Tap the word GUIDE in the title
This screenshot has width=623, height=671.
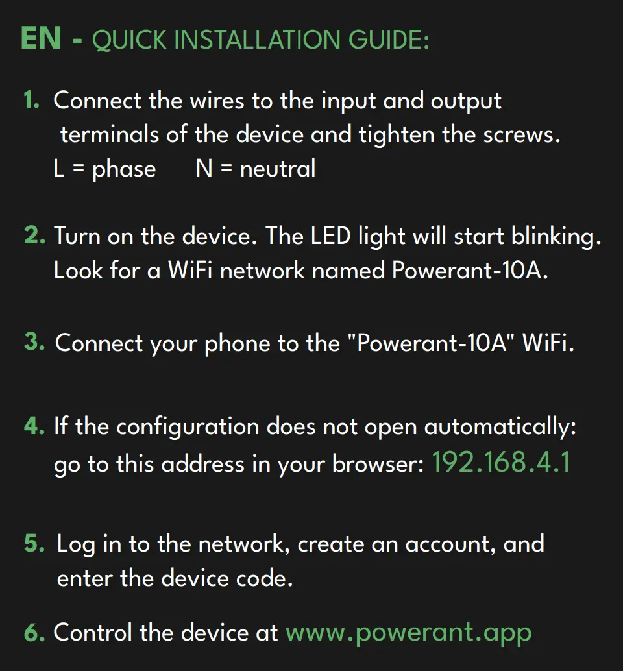389,40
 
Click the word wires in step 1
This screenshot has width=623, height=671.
217,101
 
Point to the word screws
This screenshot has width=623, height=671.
522,136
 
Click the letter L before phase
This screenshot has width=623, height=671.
58,168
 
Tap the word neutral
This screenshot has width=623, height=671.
278,168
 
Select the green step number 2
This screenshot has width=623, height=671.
34,236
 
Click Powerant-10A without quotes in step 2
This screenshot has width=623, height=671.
469,271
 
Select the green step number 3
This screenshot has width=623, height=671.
34,342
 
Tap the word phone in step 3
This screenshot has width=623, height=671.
238,345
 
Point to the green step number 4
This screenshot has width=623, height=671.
34,426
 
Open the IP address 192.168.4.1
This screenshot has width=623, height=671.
501,463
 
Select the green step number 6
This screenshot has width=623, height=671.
34,633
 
